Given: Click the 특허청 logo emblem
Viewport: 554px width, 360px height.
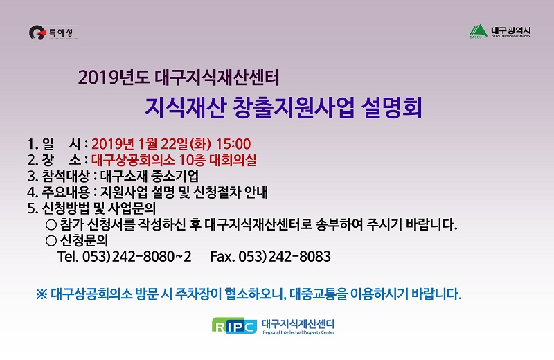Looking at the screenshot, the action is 37,33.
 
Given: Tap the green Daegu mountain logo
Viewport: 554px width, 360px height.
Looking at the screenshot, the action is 479,31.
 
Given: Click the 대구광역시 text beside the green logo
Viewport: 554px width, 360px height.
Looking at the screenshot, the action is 510,30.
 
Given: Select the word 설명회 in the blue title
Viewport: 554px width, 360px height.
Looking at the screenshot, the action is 391,107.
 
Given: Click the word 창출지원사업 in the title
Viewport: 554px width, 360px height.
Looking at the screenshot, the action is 293,107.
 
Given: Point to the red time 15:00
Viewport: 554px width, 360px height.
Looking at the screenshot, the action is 233,144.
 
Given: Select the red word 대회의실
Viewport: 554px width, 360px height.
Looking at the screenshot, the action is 233,160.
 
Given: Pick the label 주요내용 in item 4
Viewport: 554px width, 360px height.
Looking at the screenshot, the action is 66,192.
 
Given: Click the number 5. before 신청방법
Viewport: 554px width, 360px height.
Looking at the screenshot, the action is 33,208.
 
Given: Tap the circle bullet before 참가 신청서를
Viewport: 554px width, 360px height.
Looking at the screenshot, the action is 51,224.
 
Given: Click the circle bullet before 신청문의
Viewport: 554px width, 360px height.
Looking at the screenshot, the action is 51,241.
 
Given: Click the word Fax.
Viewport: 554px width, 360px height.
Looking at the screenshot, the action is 222,256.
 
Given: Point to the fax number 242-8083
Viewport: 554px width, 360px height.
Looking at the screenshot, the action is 300,256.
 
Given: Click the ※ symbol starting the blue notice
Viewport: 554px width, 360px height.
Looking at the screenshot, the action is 42,294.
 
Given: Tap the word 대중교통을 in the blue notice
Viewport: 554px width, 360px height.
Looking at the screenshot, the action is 319,294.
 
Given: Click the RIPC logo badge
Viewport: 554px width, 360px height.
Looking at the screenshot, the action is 234,325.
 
